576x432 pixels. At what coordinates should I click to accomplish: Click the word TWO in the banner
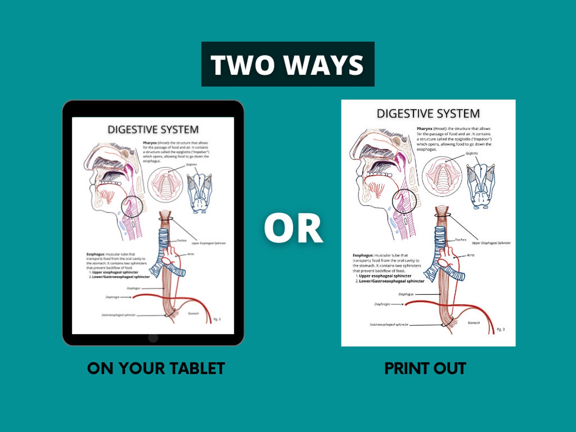[x=242, y=65]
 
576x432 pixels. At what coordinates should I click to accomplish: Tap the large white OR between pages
[x=293, y=229]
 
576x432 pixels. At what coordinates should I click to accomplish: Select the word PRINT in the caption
[x=404, y=369]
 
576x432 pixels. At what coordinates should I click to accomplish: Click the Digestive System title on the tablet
[x=153, y=129]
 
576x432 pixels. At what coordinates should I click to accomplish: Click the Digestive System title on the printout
[x=428, y=114]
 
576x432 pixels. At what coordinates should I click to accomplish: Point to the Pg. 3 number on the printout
[x=501, y=329]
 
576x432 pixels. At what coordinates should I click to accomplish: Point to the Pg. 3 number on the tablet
[x=217, y=319]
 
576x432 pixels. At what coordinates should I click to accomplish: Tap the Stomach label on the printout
[x=474, y=322]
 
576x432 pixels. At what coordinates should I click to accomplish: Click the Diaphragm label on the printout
[x=382, y=304]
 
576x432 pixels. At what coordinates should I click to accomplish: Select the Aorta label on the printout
[x=470, y=255]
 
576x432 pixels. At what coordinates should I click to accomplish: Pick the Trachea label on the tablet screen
[x=181, y=240]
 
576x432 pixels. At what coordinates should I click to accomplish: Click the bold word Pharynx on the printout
[x=424, y=128]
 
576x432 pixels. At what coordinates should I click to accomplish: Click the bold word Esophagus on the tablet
[x=95, y=254]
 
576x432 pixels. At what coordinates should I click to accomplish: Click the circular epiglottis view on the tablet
[x=165, y=184]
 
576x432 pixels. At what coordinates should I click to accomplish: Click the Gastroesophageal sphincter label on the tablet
[x=119, y=315]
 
